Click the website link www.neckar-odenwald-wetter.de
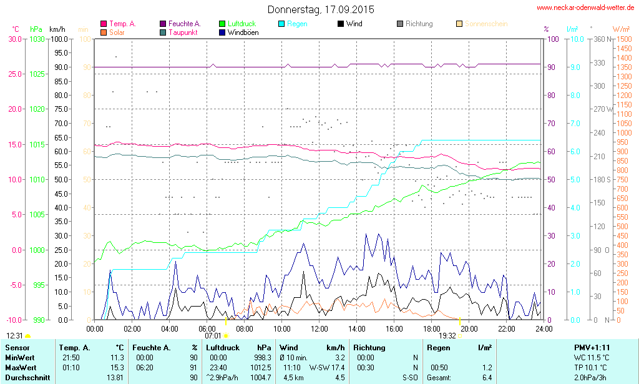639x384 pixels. pos(586,8)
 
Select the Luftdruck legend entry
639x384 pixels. pos(241,24)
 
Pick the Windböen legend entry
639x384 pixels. pos(242,32)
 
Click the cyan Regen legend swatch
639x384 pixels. pos(281,24)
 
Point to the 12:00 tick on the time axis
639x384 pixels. pos(319,328)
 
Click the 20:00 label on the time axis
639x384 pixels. pos(469,328)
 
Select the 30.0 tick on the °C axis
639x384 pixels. pos(14,39)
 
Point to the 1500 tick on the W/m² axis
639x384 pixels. pos(622,39)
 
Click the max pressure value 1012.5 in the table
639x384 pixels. pos(258,367)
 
